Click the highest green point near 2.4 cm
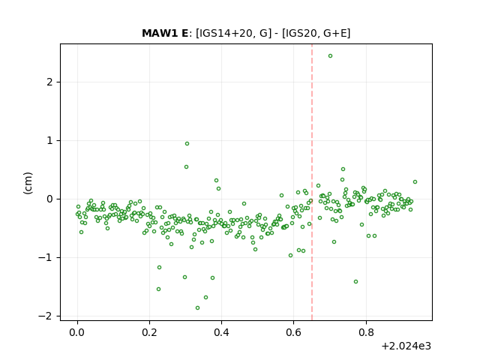tap(330, 56)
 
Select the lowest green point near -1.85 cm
tap(197, 308)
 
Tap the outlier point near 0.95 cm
tap(187, 143)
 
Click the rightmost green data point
tap(415, 181)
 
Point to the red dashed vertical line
tap(312, 182)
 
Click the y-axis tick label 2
tap(49, 82)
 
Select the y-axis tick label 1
tap(49, 140)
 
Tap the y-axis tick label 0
tap(49, 199)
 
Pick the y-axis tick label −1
tap(45, 257)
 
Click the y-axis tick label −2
tap(45, 316)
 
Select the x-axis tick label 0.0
tap(77, 332)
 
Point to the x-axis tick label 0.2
tap(149, 332)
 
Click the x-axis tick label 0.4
tap(222, 332)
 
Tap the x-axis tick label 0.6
tap(293, 332)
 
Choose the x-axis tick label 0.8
tap(366, 332)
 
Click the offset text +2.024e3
tap(406, 346)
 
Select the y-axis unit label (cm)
tap(28, 183)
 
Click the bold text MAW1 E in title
tap(165, 33)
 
